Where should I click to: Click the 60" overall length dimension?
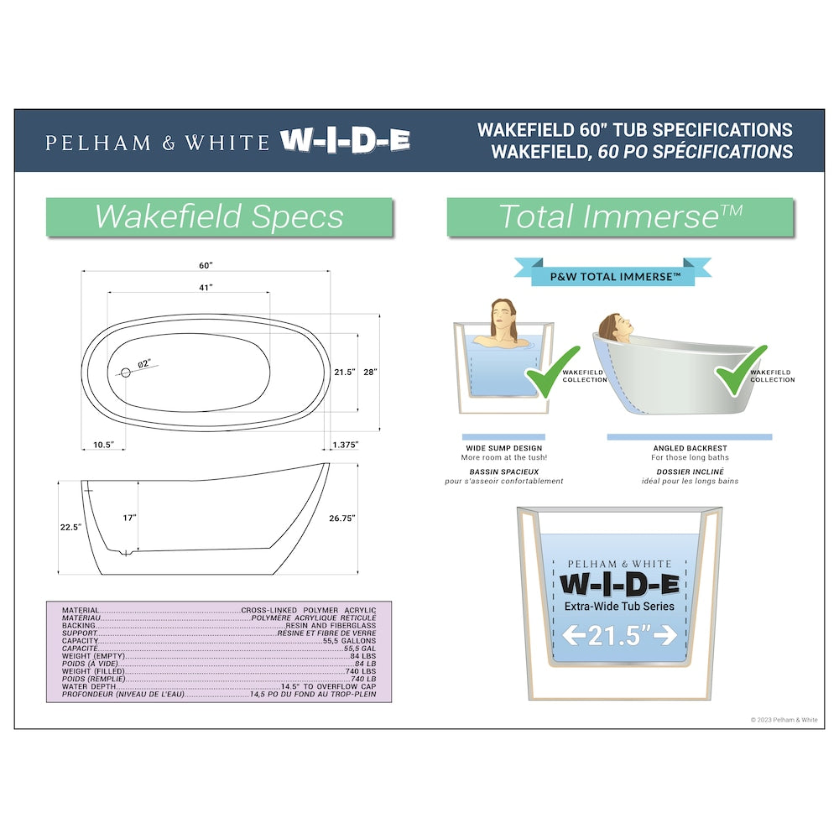[206, 265]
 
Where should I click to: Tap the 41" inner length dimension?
[206, 288]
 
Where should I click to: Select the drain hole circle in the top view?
[126, 373]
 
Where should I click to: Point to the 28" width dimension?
[370, 372]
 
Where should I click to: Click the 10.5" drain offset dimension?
[104, 445]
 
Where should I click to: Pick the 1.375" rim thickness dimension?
[346, 445]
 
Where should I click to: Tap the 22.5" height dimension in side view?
[70, 528]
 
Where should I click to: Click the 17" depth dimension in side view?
[129, 518]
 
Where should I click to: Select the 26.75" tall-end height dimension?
[342, 519]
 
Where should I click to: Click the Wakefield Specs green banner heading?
[219, 216]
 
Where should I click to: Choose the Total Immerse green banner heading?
[620, 216]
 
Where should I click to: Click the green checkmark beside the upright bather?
[553, 373]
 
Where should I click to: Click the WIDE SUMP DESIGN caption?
[504, 448]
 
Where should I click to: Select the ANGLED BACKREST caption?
[690, 448]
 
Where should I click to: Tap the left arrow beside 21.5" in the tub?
[574, 636]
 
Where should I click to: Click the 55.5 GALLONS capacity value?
[349, 640]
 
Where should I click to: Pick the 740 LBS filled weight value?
[361, 671]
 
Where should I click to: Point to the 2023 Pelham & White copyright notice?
[784, 720]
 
